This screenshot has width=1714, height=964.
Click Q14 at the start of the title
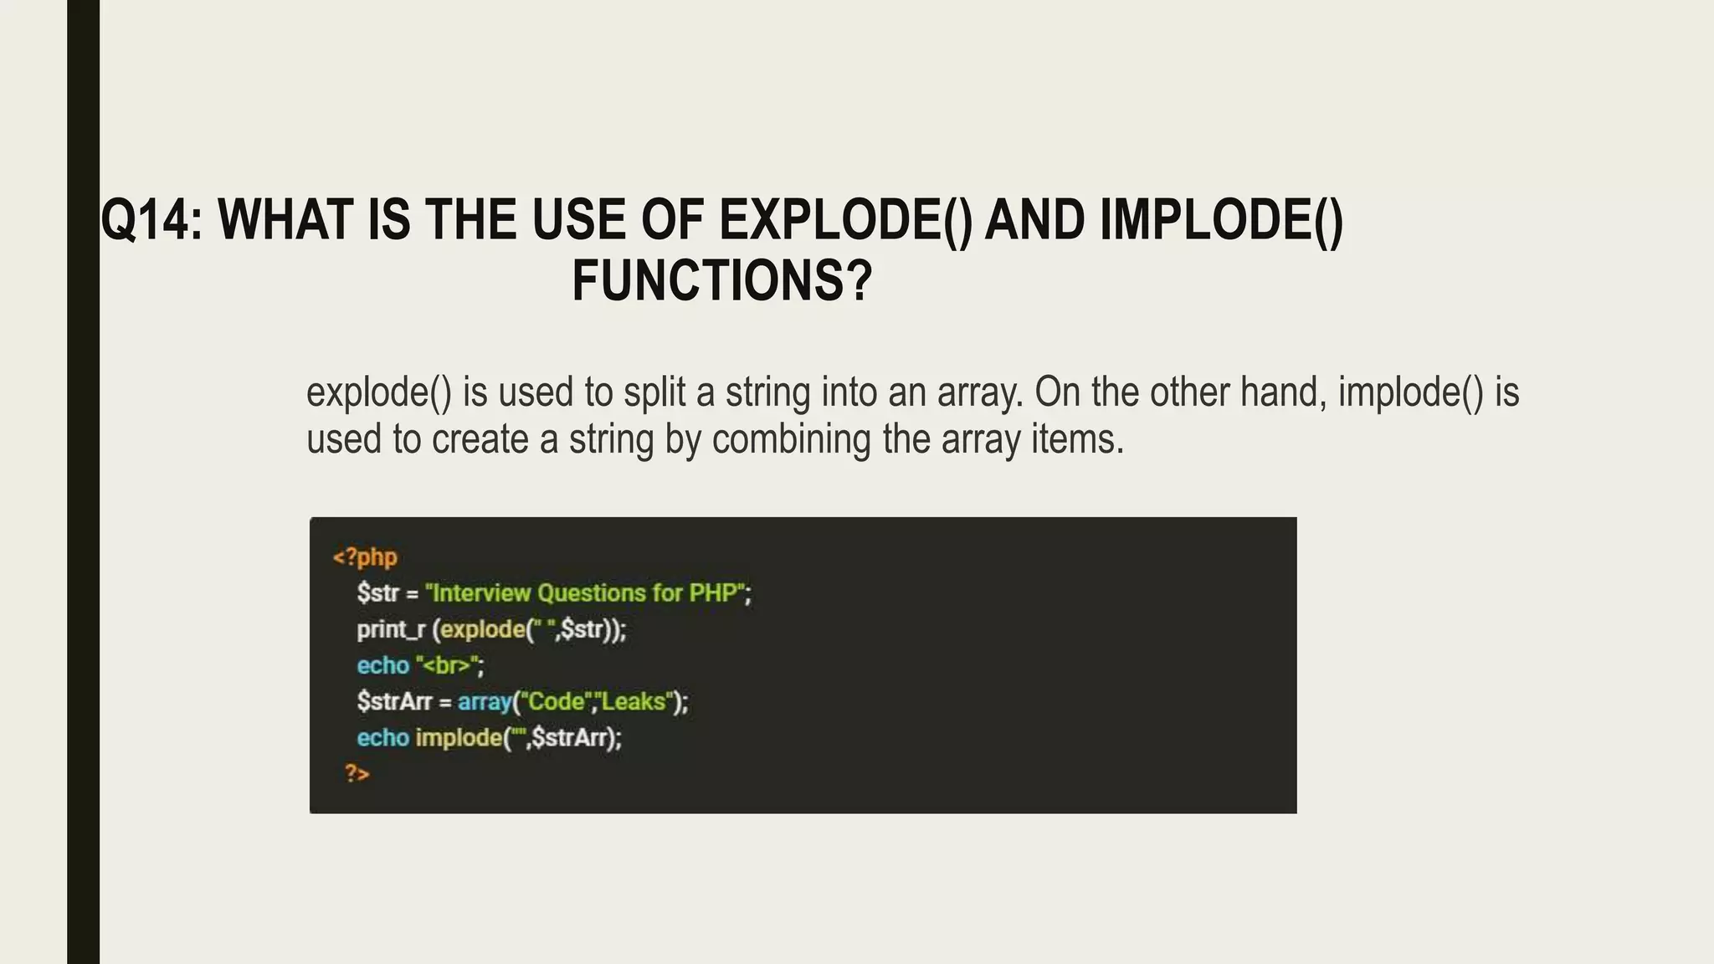(x=148, y=220)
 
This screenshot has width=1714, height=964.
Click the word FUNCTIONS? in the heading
(x=721, y=280)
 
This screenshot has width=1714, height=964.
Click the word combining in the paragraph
(x=791, y=439)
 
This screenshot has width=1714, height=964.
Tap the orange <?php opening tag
(x=365, y=557)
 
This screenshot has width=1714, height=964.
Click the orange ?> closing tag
(x=357, y=773)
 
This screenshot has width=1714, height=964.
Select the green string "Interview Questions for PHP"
(x=586, y=593)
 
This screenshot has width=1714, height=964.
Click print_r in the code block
(x=391, y=629)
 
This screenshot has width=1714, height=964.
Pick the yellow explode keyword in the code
(x=482, y=629)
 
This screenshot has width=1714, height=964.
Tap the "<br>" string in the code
(x=448, y=666)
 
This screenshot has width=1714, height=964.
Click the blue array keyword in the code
(x=484, y=701)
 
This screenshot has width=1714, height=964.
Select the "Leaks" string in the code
(x=635, y=701)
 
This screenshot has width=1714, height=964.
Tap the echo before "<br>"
(x=382, y=666)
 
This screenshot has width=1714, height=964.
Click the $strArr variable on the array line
(x=393, y=701)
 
